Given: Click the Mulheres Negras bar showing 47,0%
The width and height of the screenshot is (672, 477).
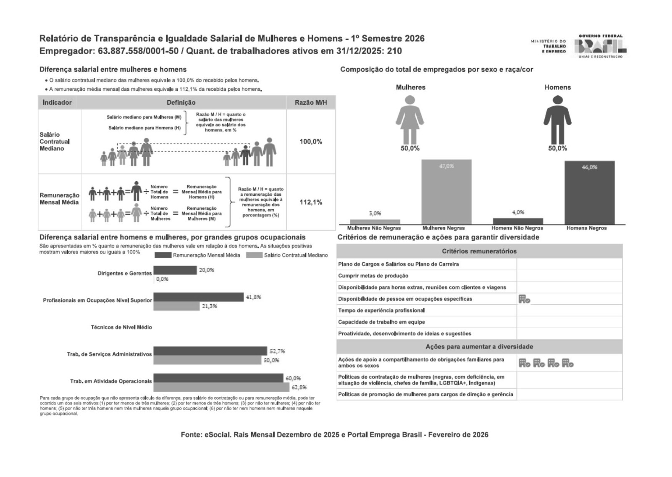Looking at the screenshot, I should pyautogui.click(x=446, y=192).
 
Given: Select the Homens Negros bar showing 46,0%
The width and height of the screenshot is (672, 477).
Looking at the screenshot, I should pyautogui.click(x=589, y=193).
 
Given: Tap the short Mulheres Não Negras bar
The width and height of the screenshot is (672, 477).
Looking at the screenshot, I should pyautogui.click(x=375, y=222).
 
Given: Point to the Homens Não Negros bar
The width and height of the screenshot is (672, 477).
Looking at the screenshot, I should pyautogui.click(x=517, y=221).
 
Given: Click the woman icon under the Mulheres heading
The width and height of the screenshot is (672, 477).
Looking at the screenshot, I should pyautogui.click(x=410, y=121).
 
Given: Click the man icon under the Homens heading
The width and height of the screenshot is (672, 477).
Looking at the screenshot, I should pyautogui.click(x=557, y=121).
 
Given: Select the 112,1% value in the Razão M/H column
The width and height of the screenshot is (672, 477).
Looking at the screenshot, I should pyautogui.click(x=311, y=202).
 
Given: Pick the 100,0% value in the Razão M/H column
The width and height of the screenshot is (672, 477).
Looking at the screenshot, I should pyautogui.click(x=311, y=142).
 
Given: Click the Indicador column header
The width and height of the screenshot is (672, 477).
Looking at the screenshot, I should pyautogui.click(x=57, y=103).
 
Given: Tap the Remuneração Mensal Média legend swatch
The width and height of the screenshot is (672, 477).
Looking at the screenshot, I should pyautogui.click(x=163, y=255).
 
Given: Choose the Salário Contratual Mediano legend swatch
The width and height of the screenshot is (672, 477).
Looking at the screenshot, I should pyautogui.click(x=254, y=255).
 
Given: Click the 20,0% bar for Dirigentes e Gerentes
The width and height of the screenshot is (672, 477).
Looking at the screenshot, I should pyautogui.click(x=175, y=270).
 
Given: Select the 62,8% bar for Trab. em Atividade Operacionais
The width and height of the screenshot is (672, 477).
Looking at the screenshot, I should pyautogui.click(x=222, y=387).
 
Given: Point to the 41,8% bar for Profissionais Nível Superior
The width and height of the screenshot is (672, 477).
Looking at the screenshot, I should pyautogui.click(x=198, y=297).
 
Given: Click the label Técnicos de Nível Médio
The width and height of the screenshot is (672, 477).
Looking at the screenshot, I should pyautogui.click(x=121, y=327).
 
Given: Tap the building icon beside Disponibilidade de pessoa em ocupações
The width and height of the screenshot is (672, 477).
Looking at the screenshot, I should pyautogui.click(x=524, y=299).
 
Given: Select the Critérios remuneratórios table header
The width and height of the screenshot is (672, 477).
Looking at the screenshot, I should pyautogui.click(x=479, y=251).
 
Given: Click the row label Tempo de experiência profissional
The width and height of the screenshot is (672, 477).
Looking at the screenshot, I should pyautogui.click(x=381, y=311).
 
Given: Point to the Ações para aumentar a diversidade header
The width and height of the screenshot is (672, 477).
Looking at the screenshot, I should pyautogui.click(x=479, y=347).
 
